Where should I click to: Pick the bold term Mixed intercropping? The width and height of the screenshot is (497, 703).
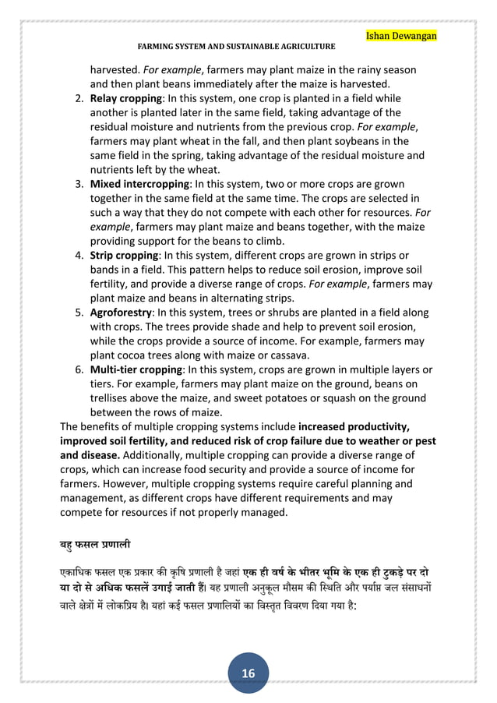(140, 184)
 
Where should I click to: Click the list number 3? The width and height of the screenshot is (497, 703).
(79, 184)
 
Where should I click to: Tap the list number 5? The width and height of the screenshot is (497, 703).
(79, 312)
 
